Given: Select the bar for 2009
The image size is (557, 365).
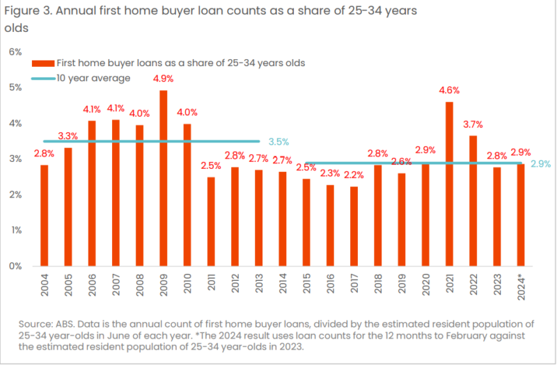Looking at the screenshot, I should tap(164, 178).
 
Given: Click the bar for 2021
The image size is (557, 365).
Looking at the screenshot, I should tap(449, 184).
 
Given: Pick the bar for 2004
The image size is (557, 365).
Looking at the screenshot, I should tap(45, 216).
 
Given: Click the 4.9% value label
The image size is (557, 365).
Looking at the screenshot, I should tap(164, 78).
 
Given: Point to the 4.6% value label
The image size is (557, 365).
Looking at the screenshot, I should tap(449, 89).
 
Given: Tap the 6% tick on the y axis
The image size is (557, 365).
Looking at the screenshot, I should tap(15, 51).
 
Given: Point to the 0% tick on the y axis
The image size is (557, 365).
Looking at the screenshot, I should tap(15, 266).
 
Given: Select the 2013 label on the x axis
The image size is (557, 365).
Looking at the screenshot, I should tap(259, 284).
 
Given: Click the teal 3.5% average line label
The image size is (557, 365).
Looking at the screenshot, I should tap(278, 141).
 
